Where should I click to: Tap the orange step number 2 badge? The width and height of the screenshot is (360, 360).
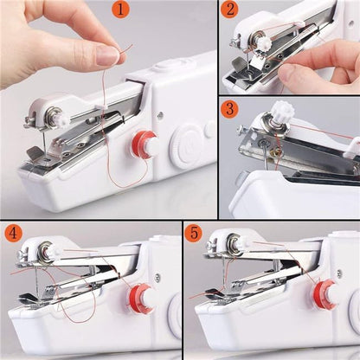tap(229, 10)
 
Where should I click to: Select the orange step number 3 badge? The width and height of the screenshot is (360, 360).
tap(229, 110)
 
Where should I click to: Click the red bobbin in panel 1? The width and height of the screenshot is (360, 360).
tap(145, 145)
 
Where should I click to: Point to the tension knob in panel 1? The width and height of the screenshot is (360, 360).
tap(52, 113)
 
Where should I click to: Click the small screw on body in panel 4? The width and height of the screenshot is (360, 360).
tap(156, 277)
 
